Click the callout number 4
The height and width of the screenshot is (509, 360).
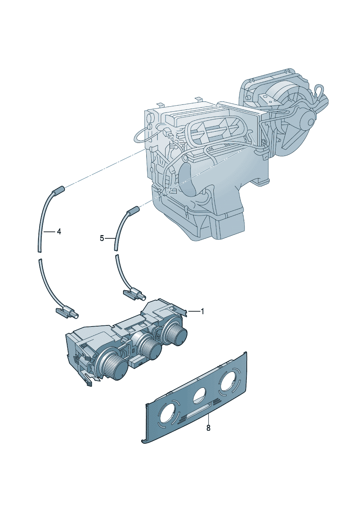(59, 232)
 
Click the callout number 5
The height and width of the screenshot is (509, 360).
(102, 238)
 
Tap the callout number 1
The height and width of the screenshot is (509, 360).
(202, 311)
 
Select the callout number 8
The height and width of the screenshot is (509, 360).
(208, 428)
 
